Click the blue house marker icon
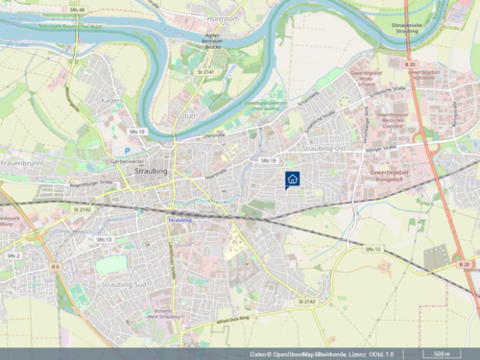pos(292,178)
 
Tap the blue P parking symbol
pos(126,151)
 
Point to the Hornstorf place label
pos(222,17)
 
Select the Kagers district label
pos(111,99)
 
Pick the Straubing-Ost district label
pos(323,149)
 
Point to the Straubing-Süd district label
pos(122,284)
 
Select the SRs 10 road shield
pos(135,131)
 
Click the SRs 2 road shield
pos(13,255)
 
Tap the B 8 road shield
pos(56,266)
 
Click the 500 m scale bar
pos(444,353)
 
